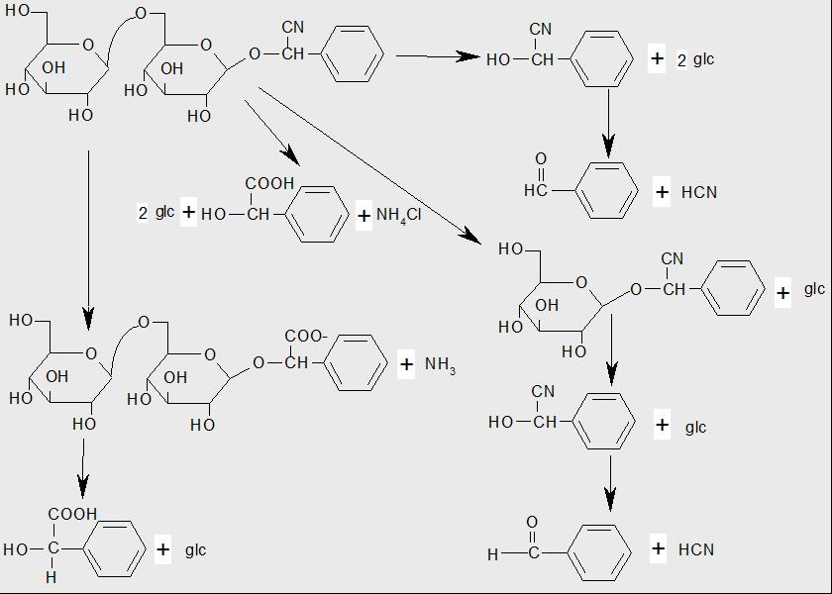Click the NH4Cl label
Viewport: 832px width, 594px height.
(x=399, y=215)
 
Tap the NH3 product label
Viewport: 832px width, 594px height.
(x=440, y=365)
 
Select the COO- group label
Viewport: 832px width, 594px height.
(x=306, y=337)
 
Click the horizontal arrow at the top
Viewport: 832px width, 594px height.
(x=437, y=56)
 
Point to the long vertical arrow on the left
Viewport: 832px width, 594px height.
(x=88, y=238)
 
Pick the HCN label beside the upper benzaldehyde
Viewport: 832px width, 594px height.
(x=698, y=192)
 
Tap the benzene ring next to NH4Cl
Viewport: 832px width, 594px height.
(x=323, y=212)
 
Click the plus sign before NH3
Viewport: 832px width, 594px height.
(x=406, y=364)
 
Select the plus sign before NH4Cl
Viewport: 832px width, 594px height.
(x=364, y=215)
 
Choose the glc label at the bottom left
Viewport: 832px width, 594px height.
(x=195, y=549)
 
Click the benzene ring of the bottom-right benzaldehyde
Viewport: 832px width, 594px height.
(x=602, y=551)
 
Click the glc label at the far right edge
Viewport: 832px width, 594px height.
(x=813, y=289)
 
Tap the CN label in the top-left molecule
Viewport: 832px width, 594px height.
(x=293, y=27)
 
